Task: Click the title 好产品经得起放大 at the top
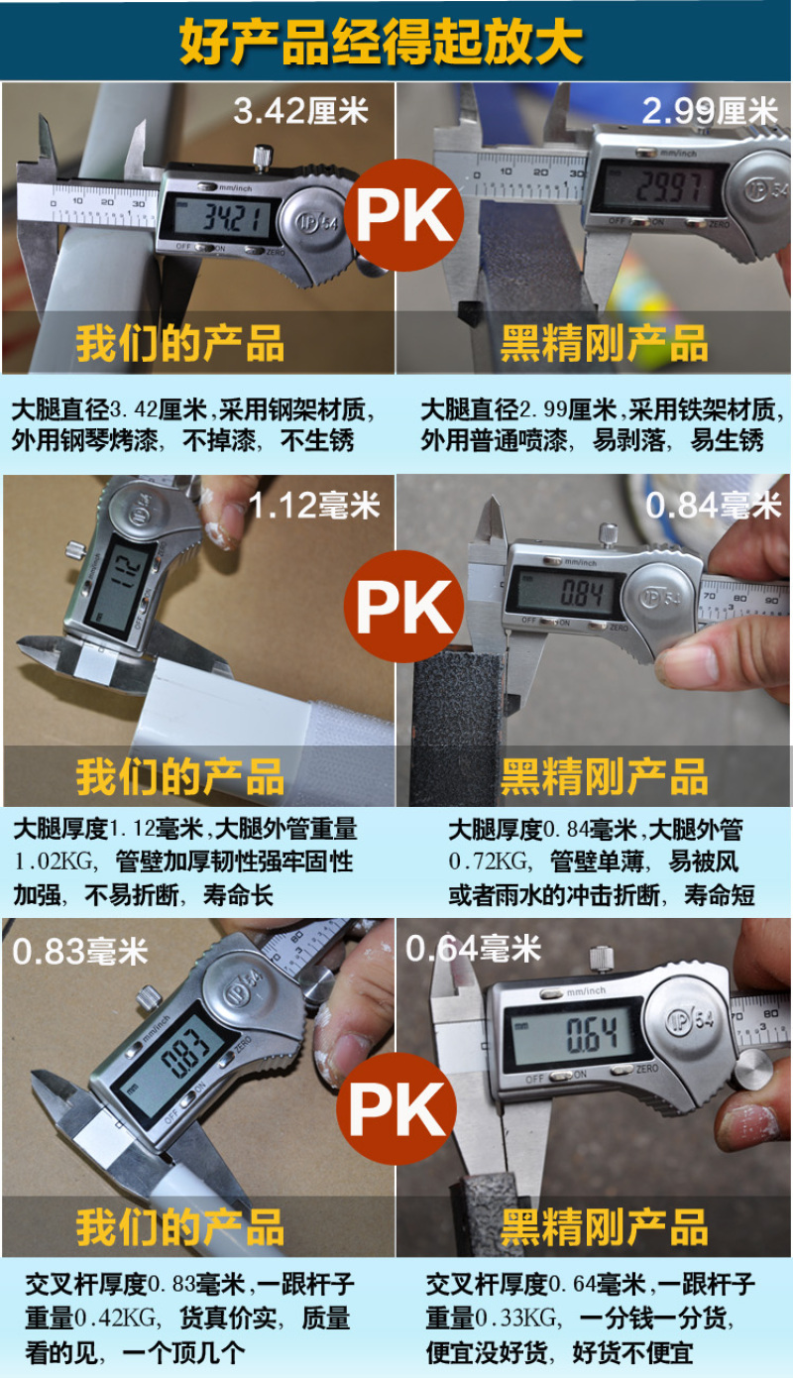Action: tap(381, 42)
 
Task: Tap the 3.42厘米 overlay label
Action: tap(300, 112)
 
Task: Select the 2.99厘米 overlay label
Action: tap(710, 111)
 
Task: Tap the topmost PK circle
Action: tap(403, 215)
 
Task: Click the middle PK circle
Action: tap(403, 606)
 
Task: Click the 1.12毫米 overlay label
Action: tap(314, 506)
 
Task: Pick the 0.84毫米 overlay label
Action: tap(714, 506)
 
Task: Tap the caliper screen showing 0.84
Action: tap(565, 592)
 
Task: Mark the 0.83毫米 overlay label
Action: tap(80, 952)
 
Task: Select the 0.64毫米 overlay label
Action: tap(473, 949)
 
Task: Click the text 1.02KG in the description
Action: tap(55, 861)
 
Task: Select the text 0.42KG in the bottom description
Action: tap(116, 1319)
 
